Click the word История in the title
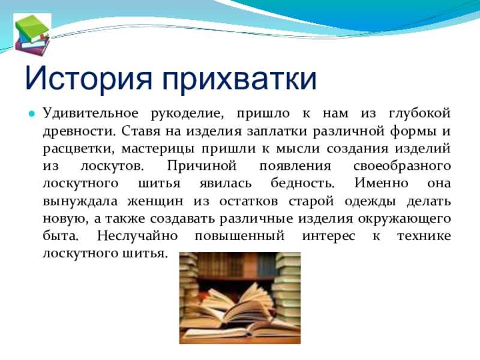(x=88, y=79)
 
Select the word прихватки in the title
(x=239, y=80)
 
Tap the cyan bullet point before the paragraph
(x=31, y=114)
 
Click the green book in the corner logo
(x=32, y=28)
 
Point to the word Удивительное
(x=91, y=114)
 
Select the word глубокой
(x=419, y=114)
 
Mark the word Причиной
(x=202, y=166)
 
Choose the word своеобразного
(x=402, y=167)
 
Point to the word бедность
(x=302, y=184)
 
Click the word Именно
(x=382, y=184)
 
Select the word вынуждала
(x=80, y=202)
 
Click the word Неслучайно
(x=137, y=236)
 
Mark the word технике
(x=424, y=236)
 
